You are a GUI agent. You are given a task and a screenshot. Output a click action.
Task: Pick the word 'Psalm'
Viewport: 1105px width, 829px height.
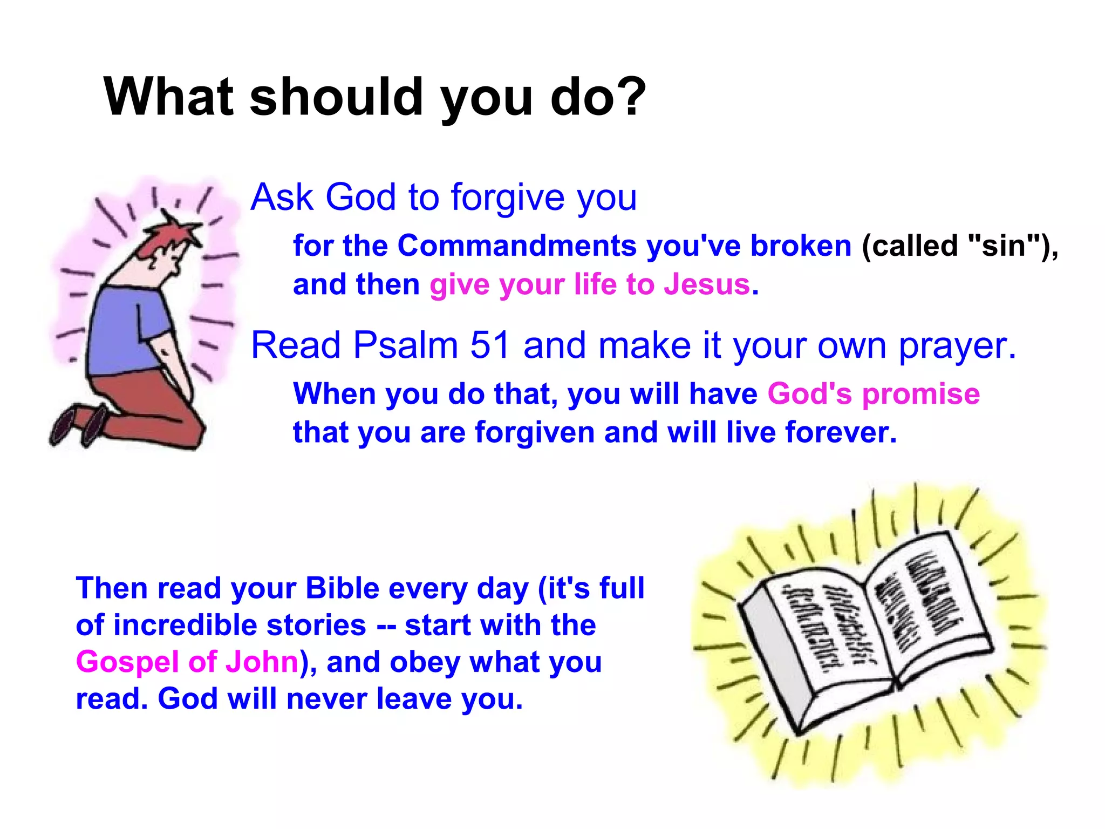point(405,345)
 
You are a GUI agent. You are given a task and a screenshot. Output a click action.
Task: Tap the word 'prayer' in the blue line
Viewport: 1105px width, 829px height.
point(955,346)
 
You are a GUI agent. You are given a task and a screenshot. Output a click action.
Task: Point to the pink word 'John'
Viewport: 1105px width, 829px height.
point(262,662)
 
